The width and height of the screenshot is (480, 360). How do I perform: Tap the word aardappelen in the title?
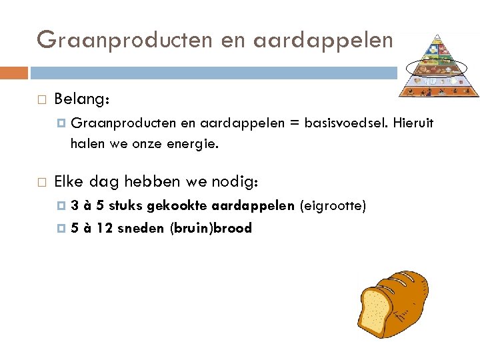point(323,39)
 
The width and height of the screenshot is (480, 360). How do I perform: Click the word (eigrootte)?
point(333,206)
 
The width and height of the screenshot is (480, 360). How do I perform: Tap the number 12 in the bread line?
point(104,228)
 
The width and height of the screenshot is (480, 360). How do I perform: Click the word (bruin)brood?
point(211,228)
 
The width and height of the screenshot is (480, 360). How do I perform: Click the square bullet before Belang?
point(41,100)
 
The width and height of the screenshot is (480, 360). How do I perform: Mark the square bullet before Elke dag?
point(41,182)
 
